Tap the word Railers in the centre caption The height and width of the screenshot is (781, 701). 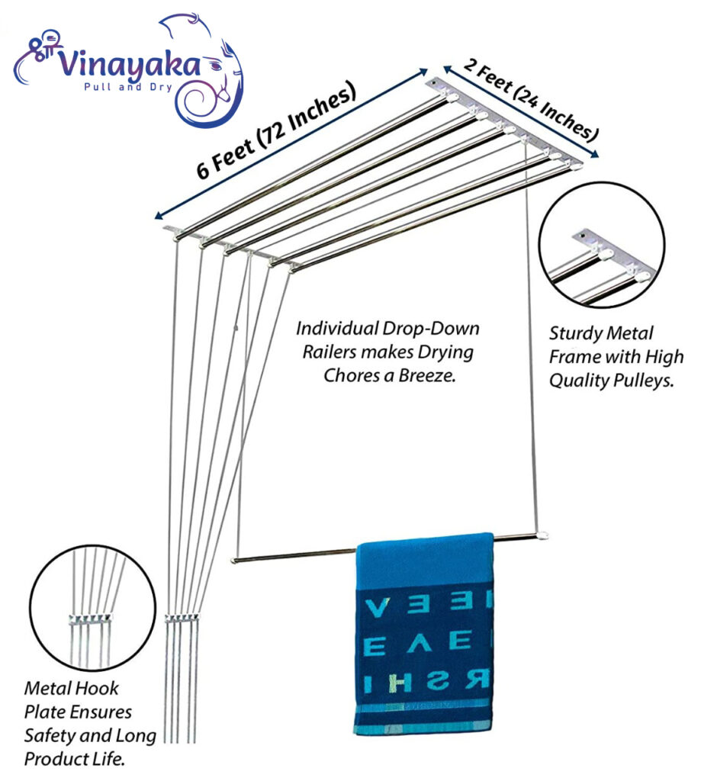pos(324,352)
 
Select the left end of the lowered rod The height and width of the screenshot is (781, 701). pos(236,560)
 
